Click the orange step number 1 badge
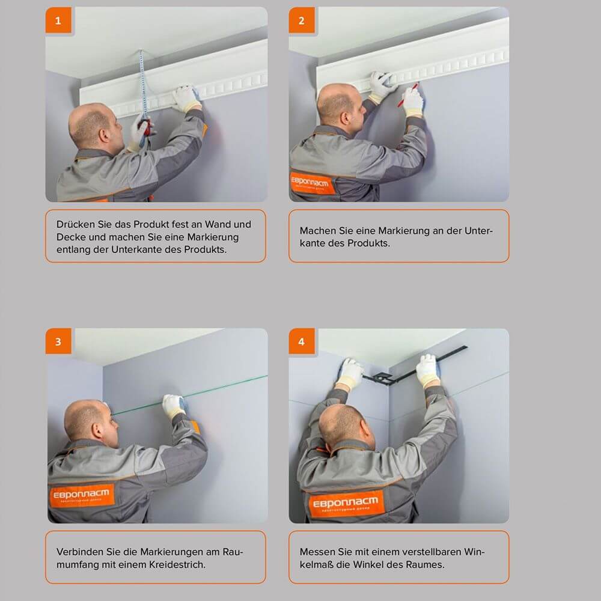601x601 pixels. click(58, 21)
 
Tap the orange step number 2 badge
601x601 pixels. click(301, 21)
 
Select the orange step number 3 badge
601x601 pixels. click(58, 341)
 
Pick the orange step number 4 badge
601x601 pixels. click(301, 341)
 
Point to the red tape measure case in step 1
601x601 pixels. click(145, 127)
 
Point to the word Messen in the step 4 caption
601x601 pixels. click(317, 552)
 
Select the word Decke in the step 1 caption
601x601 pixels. click(70, 237)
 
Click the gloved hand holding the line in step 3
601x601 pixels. click(173, 406)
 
